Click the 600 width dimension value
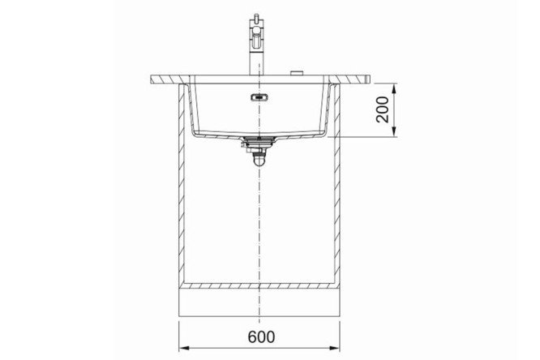point(261,336)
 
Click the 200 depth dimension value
point(383,109)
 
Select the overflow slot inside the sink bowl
point(259,98)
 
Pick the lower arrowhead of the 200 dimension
point(394,131)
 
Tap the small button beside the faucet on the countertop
point(297,73)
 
